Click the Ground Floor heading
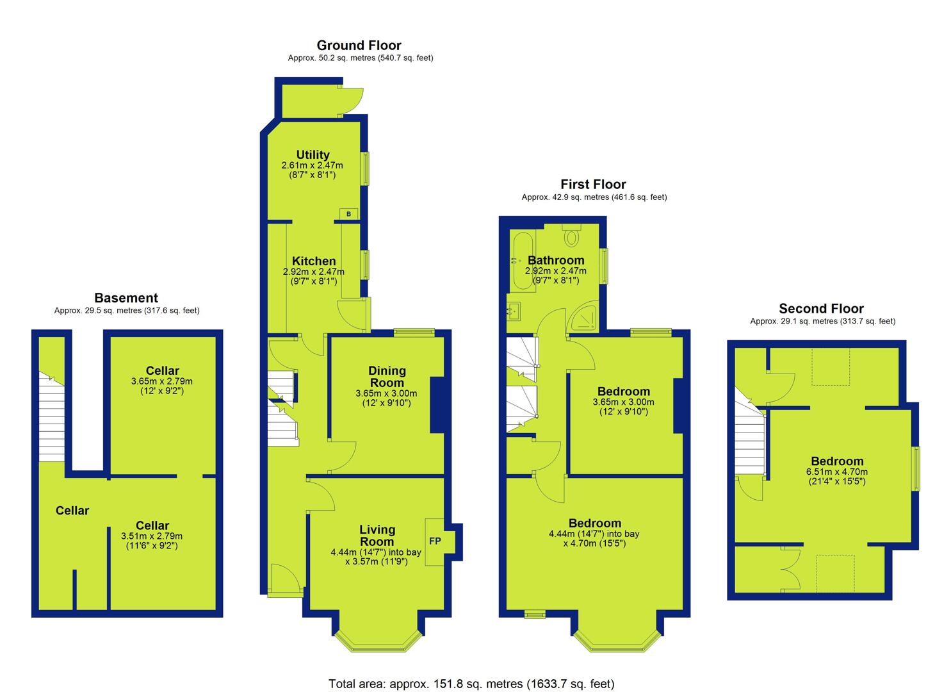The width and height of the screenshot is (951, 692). point(359,45)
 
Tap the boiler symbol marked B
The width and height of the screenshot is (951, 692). point(348,213)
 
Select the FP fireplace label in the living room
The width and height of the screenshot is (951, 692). point(435,541)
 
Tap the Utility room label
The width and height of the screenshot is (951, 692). point(313,154)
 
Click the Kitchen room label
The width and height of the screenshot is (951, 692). point(314,261)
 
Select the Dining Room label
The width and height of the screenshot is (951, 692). point(387,377)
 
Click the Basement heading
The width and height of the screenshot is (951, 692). point(126,298)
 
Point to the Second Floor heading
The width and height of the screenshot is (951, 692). point(821,308)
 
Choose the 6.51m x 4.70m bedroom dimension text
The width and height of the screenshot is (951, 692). point(837,472)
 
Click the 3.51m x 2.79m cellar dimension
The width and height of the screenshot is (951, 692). point(152,536)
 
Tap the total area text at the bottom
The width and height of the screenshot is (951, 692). point(471,684)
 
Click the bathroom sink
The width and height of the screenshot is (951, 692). point(514,311)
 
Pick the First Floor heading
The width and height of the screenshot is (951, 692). point(593,185)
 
